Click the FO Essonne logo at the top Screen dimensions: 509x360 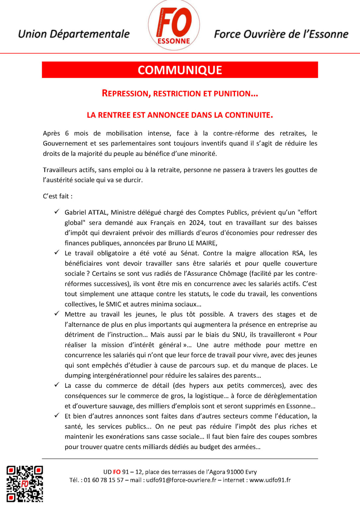tap(174, 26)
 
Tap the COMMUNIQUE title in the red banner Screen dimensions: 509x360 tap(180, 70)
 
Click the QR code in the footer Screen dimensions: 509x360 tap(25, 483)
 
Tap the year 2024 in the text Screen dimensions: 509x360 tap(197, 223)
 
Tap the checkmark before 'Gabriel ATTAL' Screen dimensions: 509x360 tap(57, 212)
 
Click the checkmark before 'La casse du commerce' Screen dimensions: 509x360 tap(57, 385)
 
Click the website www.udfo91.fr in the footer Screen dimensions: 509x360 tap(270, 480)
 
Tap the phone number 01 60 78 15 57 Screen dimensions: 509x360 tap(103, 480)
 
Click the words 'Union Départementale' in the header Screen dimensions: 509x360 tap(74, 34)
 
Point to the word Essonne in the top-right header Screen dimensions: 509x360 tap(329, 34)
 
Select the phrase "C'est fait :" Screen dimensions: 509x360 tap(58, 196)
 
